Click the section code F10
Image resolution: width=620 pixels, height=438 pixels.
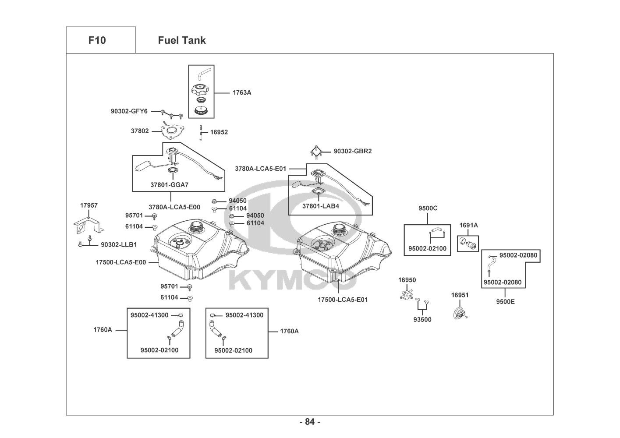coord(97,40)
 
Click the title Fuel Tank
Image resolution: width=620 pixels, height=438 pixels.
coord(181,40)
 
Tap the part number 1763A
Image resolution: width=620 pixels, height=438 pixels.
coord(242,92)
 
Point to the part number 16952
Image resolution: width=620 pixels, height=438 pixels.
coord(219,132)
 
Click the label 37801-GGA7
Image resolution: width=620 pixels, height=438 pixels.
coord(169,185)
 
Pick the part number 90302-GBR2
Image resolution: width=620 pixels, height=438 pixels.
coord(352,151)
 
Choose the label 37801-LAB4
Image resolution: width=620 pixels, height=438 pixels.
coord(320,205)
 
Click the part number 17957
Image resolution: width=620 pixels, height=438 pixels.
coord(89,205)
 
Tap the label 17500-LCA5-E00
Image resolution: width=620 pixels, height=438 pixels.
coord(120,262)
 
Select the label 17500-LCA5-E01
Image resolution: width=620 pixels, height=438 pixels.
coord(343,300)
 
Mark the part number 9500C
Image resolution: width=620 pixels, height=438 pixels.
coord(428,208)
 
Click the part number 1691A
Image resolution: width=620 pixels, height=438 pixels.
coord(468,225)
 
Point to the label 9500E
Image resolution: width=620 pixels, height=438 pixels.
coord(505,301)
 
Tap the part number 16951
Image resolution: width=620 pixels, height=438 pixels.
coord(460,295)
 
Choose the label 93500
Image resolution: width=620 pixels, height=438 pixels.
coord(422,320)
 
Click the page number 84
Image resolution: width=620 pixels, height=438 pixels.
coord(310,422)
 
